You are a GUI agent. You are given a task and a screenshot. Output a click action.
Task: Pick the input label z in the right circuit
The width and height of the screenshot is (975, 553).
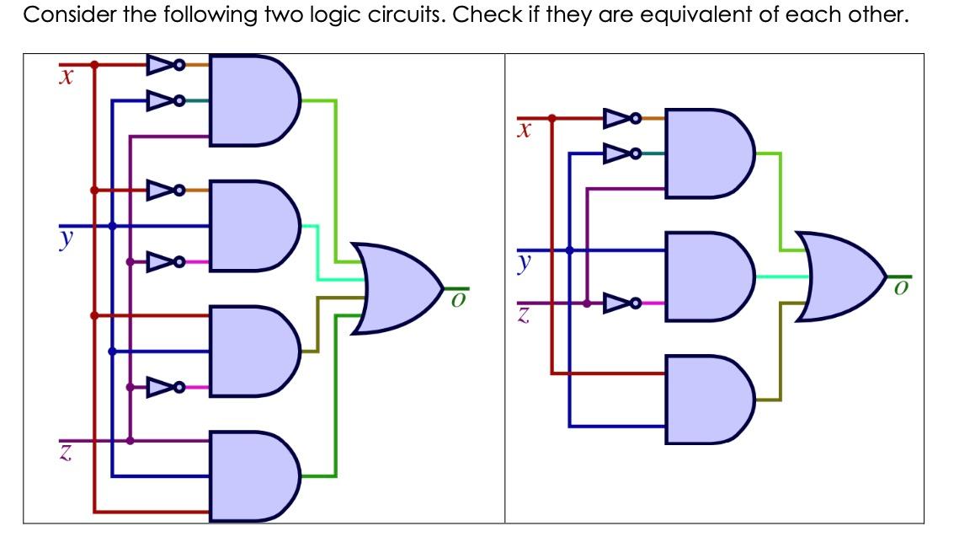coord(524,316)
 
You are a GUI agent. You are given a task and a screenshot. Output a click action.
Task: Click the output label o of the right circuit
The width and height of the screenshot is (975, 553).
coord(900,289)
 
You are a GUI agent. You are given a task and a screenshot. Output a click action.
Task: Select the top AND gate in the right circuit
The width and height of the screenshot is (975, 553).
coord(706,153)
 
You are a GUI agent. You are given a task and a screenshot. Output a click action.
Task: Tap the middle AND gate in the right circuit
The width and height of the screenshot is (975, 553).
coord(706,276)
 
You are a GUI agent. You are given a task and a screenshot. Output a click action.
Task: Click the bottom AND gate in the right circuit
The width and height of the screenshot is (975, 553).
coord(706,399)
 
